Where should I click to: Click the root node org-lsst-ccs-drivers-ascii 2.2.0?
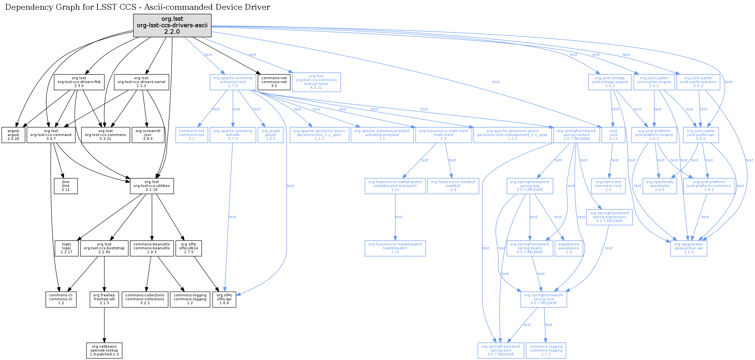point(172,25)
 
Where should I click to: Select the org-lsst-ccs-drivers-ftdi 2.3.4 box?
point(79,82)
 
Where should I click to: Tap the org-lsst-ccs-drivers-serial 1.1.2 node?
point(141,82)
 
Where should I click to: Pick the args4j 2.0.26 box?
point(13,135)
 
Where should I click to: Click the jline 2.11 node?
point(66,186)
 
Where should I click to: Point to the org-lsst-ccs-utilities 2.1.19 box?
point(152,186)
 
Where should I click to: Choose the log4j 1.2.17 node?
point(66,248)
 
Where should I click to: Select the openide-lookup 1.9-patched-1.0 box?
point(104,351)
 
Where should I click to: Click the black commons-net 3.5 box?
point(274,82)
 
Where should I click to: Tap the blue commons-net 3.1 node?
point(192,135)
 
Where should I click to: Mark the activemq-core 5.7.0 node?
point(233,82)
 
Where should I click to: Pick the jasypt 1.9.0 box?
point(271,135)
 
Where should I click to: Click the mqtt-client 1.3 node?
point(444,135)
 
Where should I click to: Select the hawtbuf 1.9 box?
point(453,186)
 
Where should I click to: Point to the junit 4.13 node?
point(613,135)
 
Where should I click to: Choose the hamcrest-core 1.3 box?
point(608,186)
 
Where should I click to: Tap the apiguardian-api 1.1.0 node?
point(688,248)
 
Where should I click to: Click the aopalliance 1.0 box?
point(569,248)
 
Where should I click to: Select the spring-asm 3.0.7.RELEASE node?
point(500,351)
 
